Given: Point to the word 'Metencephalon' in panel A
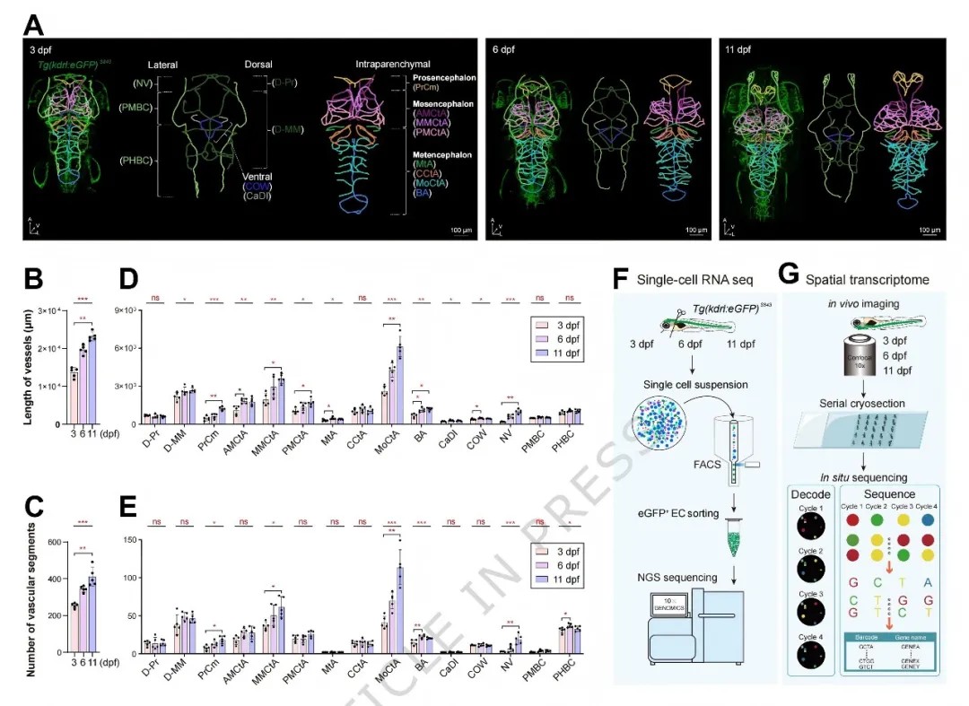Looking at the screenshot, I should pyautogui.click(x=442, y=154).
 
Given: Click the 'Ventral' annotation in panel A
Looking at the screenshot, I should pyautogui.click(x=258, y=177).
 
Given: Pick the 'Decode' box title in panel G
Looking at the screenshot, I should pyautogui.click(x=809, y=494).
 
